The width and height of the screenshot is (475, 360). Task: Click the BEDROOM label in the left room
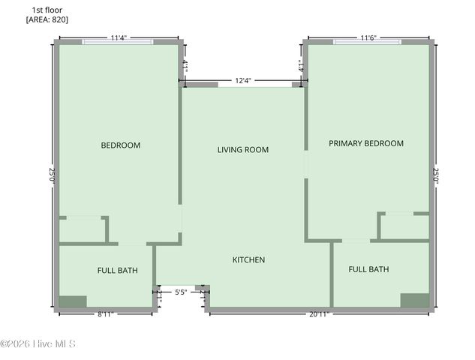(121, 145)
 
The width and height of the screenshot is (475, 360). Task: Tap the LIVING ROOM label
(242, 150)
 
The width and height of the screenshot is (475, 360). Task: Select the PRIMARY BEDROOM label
(365, 143)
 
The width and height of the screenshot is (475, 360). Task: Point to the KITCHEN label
(248, 259)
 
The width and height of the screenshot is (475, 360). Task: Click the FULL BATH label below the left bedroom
(117, 270)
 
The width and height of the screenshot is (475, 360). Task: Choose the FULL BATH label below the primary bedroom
(368, 268)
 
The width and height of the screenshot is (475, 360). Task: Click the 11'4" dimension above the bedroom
(119, 37)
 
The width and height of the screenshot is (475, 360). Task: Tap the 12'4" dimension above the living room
(243, 80)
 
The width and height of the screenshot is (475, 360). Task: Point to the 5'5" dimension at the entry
(180, 293)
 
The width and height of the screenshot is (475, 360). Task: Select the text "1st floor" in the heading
(46, 10)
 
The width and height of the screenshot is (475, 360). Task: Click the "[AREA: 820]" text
(47, 19)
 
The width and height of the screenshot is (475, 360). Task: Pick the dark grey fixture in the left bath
(73, 301)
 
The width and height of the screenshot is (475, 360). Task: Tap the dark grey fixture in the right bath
(414, 300)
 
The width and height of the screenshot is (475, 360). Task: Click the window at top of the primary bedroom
(367, 42)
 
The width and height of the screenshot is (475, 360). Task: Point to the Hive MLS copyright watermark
(38, 344)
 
